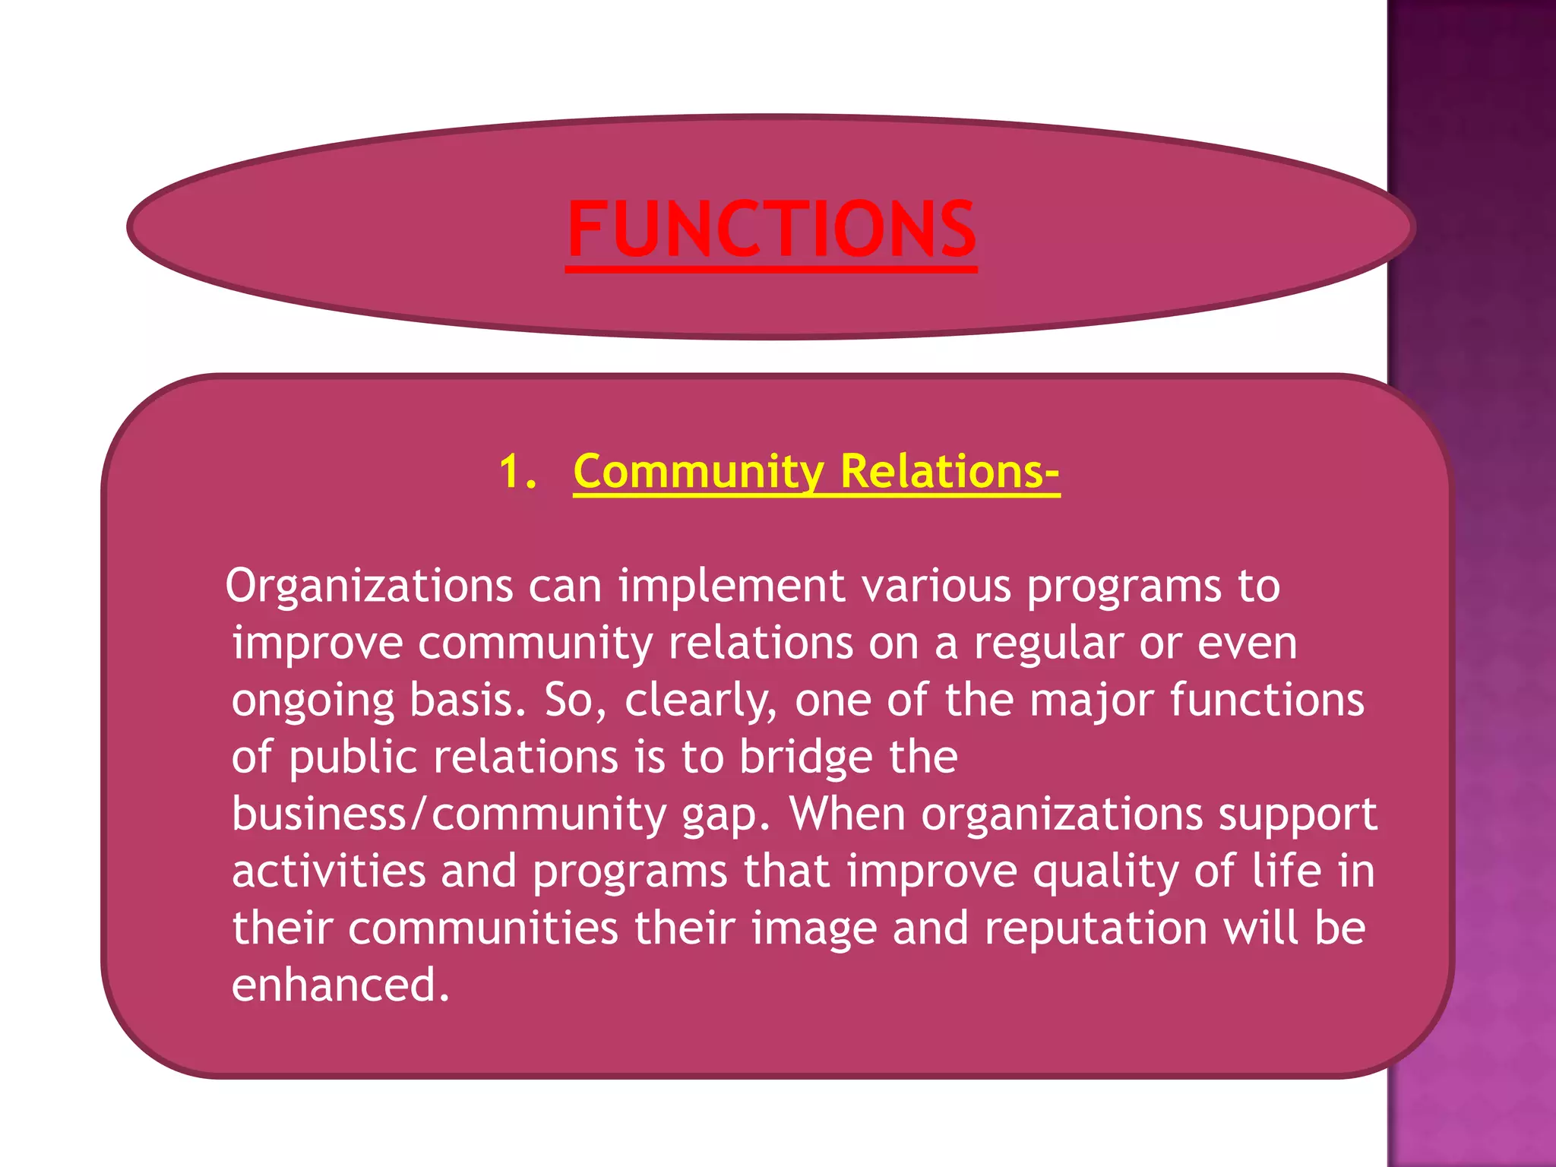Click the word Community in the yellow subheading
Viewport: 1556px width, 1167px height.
point(698,473)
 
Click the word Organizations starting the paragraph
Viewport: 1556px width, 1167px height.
point(369,587)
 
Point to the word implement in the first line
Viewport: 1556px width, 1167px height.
point(731,587)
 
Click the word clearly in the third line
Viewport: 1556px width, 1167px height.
point(701,701)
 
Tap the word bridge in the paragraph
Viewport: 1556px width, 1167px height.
point(805,757)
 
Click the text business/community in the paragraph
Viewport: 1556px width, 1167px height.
point(448,814)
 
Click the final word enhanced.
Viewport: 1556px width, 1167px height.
point(340,985)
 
